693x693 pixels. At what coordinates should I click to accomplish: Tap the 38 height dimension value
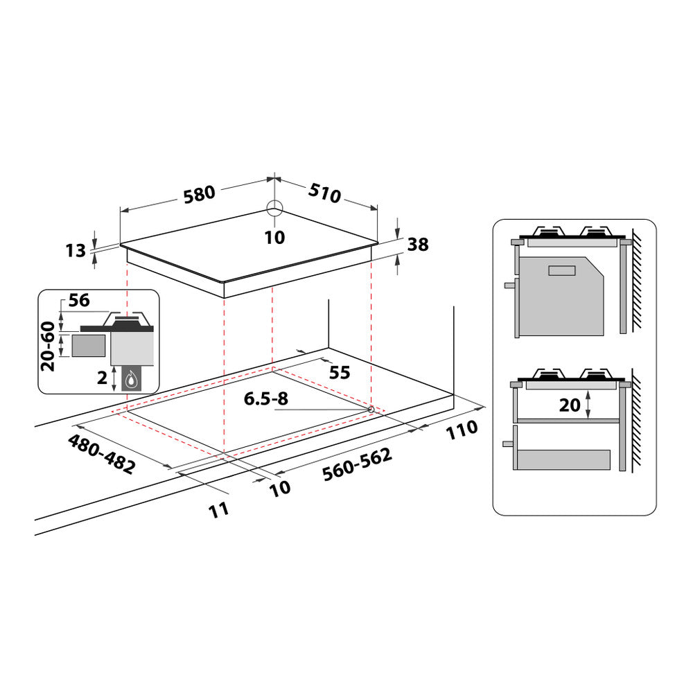[418, 244]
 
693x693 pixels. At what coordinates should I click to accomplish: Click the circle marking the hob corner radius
[274, 209]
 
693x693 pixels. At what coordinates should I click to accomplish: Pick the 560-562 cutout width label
[356, 464]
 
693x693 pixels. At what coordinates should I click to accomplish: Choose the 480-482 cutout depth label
[101, 454]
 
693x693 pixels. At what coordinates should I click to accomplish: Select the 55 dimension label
[339, 372]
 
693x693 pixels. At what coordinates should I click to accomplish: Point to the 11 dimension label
[218, 510]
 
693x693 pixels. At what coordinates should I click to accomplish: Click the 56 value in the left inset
[80, 300]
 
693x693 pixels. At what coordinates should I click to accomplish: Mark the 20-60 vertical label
[49, 346]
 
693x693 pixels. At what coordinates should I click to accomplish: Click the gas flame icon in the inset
[132, 379]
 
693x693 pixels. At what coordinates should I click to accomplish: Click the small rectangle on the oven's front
[561, 270]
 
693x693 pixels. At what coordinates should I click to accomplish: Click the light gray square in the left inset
[89, 345]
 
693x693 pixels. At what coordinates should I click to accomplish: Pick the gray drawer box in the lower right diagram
[564, 459]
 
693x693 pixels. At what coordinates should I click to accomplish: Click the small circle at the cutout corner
[371, 410]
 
